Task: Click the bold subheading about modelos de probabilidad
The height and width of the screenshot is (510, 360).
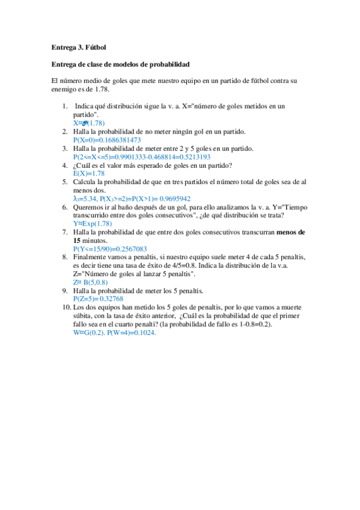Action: click(x=121, y=63)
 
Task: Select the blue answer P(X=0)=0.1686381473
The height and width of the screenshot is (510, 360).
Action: click(x=107, y=140)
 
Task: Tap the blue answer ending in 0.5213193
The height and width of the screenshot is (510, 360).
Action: click(x=141, y=156)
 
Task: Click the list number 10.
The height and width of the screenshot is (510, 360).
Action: click(x=67, y=307)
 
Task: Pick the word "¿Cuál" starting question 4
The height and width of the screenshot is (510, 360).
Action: click(x=84, y=165)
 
